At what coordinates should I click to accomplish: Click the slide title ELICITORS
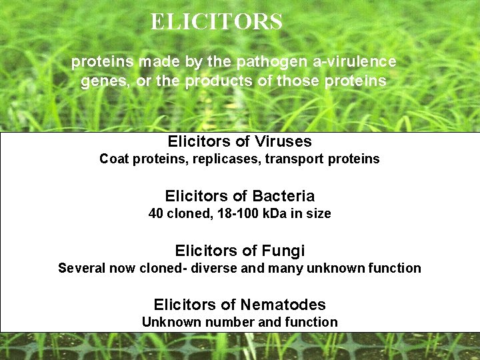(x=217, y=22)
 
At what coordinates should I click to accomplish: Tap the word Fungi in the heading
(x=283, y=251)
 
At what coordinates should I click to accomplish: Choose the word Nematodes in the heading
(x=283, y=305)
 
